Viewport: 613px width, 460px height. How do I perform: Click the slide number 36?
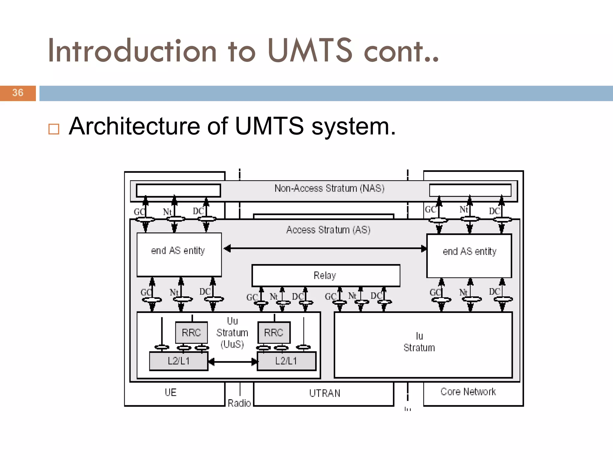point(18,93)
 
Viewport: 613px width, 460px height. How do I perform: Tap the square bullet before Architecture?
point(54,129)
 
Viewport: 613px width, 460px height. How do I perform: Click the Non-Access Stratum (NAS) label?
point(329,188)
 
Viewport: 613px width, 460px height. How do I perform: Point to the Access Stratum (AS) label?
point(328,230)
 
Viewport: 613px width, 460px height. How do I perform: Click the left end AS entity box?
point(179,254)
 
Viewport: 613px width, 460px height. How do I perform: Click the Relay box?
point(326,275)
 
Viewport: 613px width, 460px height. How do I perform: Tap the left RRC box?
point(191,333)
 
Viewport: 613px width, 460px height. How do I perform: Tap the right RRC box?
point(274,333)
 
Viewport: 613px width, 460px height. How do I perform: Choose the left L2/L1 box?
point(179,361)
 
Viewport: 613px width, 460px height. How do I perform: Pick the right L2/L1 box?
point(286,361)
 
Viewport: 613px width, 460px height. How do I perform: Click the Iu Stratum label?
point(419,342)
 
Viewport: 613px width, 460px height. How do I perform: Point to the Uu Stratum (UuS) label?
point(232,333)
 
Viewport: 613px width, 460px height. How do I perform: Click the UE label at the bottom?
point(171,393)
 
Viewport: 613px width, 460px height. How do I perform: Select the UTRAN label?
point(325,393)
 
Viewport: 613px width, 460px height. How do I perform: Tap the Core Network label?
point(468,392)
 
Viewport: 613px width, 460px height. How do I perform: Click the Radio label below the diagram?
point(239,403)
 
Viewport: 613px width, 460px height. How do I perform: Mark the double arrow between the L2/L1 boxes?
point(233,362)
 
